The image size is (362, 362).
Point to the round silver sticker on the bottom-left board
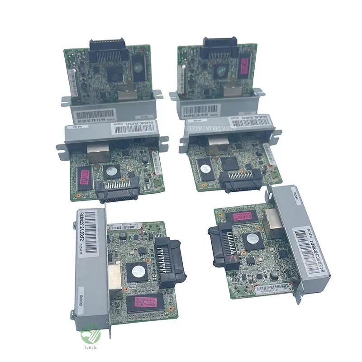(138, 272)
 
